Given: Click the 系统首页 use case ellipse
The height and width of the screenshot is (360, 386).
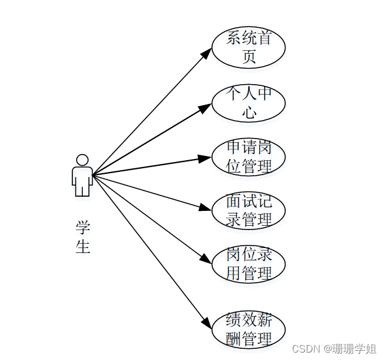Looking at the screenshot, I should point(249,48).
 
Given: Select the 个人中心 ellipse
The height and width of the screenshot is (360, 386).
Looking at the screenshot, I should point(249,102).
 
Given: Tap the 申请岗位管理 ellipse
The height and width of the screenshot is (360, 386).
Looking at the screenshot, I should point(249,157).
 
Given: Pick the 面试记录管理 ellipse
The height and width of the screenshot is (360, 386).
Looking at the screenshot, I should point(249,211).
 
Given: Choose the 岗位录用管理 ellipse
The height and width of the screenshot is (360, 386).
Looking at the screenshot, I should point(249,264).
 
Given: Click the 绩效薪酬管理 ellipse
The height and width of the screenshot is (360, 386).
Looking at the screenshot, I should point(249,330).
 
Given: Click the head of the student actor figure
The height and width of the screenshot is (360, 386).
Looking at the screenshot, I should point(82,160).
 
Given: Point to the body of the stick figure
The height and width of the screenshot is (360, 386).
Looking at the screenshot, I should point(82,179).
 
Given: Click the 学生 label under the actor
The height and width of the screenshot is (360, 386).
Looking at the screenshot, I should point(83,237).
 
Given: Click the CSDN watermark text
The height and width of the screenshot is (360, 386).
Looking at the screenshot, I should point(333,349).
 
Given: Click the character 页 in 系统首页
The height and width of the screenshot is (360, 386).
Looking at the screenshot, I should point(249,57).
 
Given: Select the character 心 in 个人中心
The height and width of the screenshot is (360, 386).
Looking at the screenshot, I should point(249,112).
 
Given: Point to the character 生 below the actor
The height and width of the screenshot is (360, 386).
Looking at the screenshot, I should point(83,246).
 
